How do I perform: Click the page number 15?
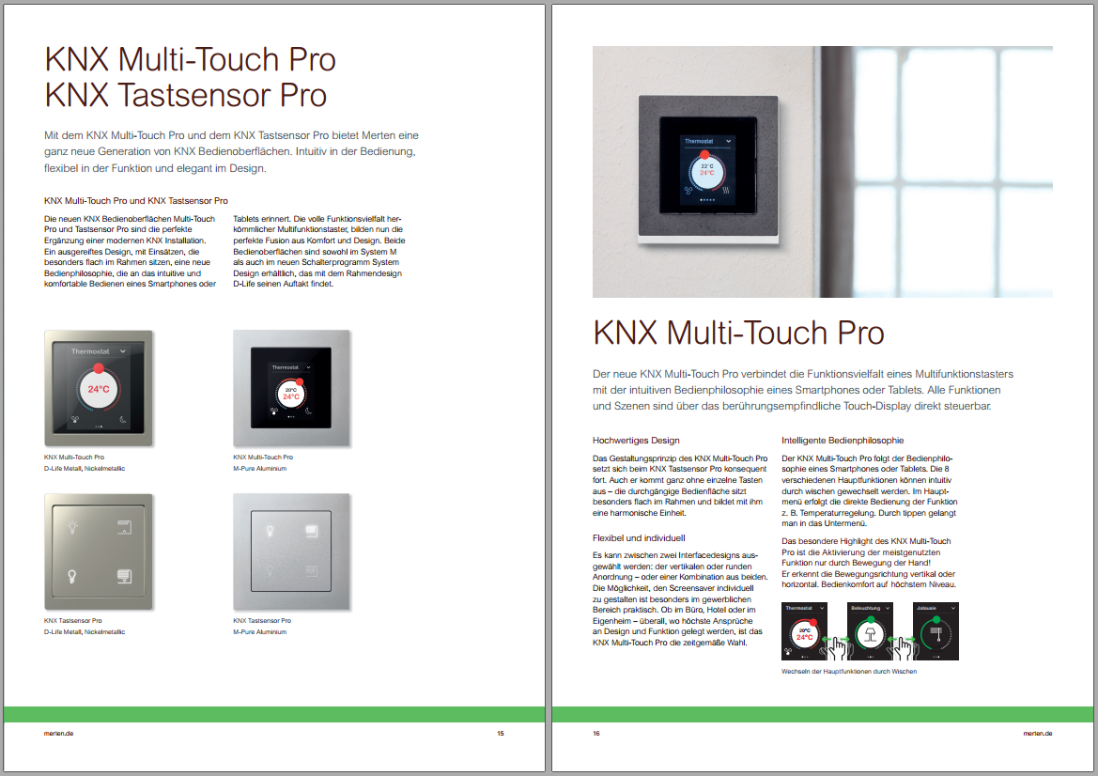(500, 734)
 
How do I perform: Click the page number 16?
(595, 734)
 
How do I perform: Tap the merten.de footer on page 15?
(59, 734)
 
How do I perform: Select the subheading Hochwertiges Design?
(636, 441)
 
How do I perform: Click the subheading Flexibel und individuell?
(639, 538)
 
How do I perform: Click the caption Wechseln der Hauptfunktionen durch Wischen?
(849, 671)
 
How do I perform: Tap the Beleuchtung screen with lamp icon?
(871, 631)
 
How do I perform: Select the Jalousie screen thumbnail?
(936, 631)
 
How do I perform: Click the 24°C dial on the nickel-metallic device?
(98, 389)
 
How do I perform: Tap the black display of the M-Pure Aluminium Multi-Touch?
(291, 388)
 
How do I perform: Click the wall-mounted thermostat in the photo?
(708, 169)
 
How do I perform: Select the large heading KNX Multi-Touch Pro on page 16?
(738, 333)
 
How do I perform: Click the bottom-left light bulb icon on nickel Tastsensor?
(71, 577)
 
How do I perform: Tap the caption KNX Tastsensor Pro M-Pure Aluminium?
(262, 626)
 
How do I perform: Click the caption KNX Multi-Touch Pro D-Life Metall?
(84, 462)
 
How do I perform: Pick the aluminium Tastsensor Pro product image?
(291, 551)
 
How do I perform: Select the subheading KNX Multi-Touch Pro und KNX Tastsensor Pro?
(136, 201)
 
